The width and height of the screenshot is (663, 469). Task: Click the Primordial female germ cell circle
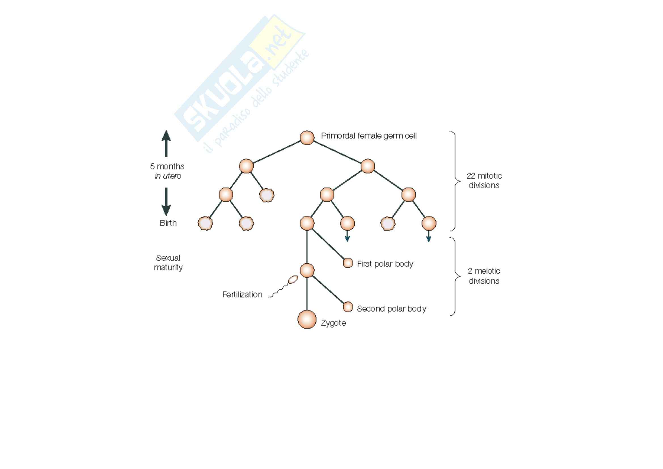(x=307, y=138)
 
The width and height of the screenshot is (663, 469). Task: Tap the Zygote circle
(x=307, y=319)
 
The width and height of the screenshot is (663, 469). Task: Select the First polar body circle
(x=348, y=263)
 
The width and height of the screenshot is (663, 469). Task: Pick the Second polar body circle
(x=348, y=307)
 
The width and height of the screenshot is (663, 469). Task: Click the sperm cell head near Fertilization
(x=293, y=279)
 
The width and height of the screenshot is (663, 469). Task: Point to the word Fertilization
(x=242, y=295)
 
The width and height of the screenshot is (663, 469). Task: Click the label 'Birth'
(x=168, y=223)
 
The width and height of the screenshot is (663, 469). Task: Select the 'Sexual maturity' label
(x=168, y=262)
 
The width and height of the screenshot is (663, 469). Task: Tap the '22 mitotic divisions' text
(x=484, y=180)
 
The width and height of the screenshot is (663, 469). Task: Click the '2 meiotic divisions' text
(x=484, y=276)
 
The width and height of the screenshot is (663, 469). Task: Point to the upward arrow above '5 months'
(x=166, y=143)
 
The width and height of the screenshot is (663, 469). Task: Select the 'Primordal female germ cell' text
(x=369, y=136)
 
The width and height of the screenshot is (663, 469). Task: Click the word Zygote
(x=334, y=323)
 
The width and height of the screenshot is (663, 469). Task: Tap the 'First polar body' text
(x=385, y=264)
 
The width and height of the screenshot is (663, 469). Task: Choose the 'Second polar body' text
(x=391, y=309)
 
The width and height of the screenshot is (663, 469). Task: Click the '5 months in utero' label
(x=167, y=171)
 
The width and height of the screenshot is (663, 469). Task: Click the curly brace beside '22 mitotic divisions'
(x=456, y=181)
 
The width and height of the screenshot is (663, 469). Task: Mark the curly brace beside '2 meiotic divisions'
(x=456, y=276)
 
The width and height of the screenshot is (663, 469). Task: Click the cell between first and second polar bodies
(x=307, y=270)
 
